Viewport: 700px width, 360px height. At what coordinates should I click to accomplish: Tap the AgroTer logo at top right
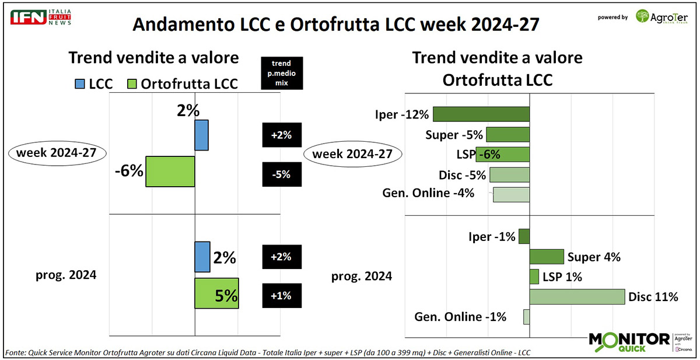click(664, 16)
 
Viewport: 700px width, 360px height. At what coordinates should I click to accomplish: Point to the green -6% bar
click(170, 172)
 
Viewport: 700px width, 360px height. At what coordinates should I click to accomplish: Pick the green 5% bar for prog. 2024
click(216, 294)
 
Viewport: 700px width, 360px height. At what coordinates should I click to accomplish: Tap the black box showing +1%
click(282, 296)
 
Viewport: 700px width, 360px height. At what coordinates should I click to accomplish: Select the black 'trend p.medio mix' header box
click(282, 73)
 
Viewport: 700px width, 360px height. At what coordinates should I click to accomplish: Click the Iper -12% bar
click(481, 114)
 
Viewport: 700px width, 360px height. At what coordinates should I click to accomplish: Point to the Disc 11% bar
click(577, 296)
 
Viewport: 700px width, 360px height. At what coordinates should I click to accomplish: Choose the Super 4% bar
click(547, 257)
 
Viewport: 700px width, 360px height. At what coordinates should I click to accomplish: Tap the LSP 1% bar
click(534, 277)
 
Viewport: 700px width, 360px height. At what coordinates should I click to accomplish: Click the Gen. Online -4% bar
click(511, 194)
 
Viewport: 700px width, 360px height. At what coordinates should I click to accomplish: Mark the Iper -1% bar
click(524, 236)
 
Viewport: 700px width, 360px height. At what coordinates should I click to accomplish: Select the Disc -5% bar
click(509, 175)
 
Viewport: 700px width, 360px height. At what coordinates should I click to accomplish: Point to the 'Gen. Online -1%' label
click(460, 317)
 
